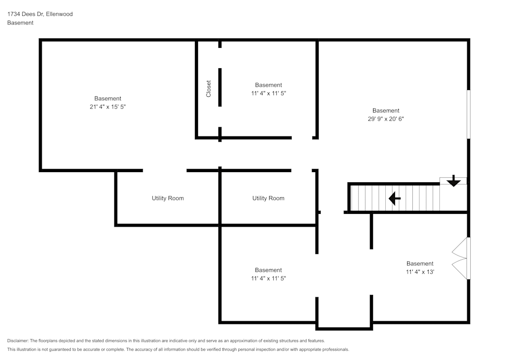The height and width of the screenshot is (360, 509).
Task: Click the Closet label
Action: tap(209, 89)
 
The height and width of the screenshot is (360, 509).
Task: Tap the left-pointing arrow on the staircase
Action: tap(394, 198)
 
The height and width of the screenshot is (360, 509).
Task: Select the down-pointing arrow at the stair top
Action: tap(453, 181)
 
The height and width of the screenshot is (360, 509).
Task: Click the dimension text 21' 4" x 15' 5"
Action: tap(107, 106)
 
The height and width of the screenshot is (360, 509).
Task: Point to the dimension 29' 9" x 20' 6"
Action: tap(386, 119)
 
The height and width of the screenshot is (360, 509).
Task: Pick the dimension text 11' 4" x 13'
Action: tap(420, 272)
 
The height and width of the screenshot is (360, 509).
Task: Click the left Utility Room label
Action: tap(167, 198)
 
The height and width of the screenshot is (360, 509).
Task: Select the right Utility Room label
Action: tap(268, 198)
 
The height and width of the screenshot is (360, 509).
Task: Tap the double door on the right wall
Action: tap(461, 258)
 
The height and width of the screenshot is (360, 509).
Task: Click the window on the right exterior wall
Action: tap(468, 114)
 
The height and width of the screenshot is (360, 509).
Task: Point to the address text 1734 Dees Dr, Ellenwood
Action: tap(40, 14)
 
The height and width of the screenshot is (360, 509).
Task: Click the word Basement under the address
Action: tap(20, 23)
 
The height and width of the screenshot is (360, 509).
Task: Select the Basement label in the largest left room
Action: tap(107, 98)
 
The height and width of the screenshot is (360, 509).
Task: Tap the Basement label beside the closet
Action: tap(268, 85)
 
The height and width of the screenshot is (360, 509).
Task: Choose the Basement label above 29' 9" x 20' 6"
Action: tap(386, 110)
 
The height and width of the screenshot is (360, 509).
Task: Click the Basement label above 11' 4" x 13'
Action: tap(420, 263)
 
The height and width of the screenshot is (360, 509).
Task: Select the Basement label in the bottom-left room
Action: tap(268, 270)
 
